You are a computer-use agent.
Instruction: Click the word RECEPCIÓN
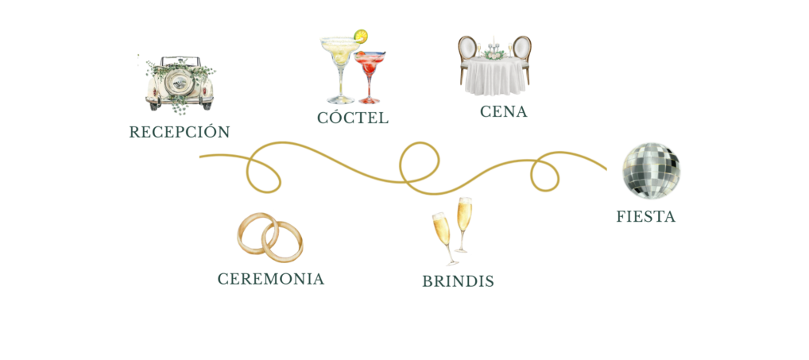pyautogui.click(x=179, y=131)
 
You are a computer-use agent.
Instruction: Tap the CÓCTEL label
pyautogui.click(x=352, y=118)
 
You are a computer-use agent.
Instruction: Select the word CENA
pyautogui.click(x=504, y=111)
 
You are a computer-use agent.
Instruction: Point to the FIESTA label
pyautogui.click(x=645, y=217)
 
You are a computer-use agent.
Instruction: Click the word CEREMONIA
pyautogui.click(x=271, y=279)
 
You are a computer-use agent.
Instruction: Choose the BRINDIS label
pyautogui.click(x=459, y=281)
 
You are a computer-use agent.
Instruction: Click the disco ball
pyautogui.click(x=651, y=171)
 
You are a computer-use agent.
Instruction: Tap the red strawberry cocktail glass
pyautogui.click(x=370, y=75)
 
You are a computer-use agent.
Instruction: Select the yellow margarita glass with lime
pyautogui.click(x=340, y=67)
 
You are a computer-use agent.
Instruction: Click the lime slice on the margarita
pyautogui.click(x=361, y=36)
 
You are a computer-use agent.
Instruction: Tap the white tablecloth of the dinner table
pyautogui.click(x=495, y=76)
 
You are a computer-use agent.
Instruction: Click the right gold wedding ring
pyautogui.click(x=283, y=242)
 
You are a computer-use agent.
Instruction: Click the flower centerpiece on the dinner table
pyautogui.click(x=494, y=53)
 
